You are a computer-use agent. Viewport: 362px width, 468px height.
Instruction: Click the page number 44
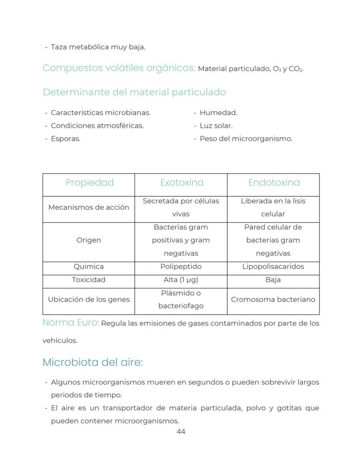tap(181, 432)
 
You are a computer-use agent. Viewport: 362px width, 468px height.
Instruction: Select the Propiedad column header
tap(89, 183)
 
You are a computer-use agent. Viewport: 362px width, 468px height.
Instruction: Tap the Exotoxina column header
tap(181, 183)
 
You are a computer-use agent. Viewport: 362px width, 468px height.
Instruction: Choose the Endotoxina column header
tap(274, 183)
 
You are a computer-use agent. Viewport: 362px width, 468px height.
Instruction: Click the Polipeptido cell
tap(181, 267)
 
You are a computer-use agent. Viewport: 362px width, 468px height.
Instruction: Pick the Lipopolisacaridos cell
tap(273, 267)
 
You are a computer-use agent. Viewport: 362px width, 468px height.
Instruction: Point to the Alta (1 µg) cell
tap(181, 280)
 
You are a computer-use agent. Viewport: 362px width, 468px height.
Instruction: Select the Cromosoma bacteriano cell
tap(273, 299)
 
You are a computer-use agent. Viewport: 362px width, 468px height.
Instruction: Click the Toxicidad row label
tap(88, 280)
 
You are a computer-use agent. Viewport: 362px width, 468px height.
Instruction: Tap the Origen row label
tap(88, 240)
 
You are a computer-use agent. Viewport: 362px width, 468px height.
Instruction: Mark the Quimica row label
tap(88, 267)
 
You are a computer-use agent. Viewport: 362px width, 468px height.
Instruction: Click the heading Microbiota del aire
tap(93, 363)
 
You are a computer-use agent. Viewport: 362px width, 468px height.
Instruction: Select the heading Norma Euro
tap(70, 323)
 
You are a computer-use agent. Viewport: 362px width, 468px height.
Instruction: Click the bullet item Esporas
tap(66, 139)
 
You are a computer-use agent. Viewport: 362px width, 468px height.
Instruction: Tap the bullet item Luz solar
tap(216, 125)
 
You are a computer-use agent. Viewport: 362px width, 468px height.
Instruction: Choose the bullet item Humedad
tap(218, 112)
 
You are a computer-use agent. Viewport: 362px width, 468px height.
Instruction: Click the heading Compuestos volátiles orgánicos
tap(118, 68)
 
